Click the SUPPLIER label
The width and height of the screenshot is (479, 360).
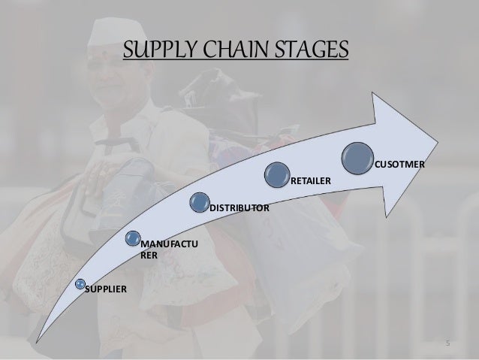[x=105, y=289]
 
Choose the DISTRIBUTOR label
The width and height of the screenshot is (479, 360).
[x=239, y=206]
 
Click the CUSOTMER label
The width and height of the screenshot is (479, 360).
[x=399, y=163]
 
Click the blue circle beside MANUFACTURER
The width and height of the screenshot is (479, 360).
[x=133, y=240]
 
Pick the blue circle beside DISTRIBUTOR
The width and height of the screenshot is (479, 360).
[x=200, y=201]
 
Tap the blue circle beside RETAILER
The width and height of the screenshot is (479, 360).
[x=276, y=175]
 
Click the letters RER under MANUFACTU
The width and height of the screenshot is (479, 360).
[x=149, y=256]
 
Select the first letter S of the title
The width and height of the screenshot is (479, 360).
[x=128, y=50]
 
